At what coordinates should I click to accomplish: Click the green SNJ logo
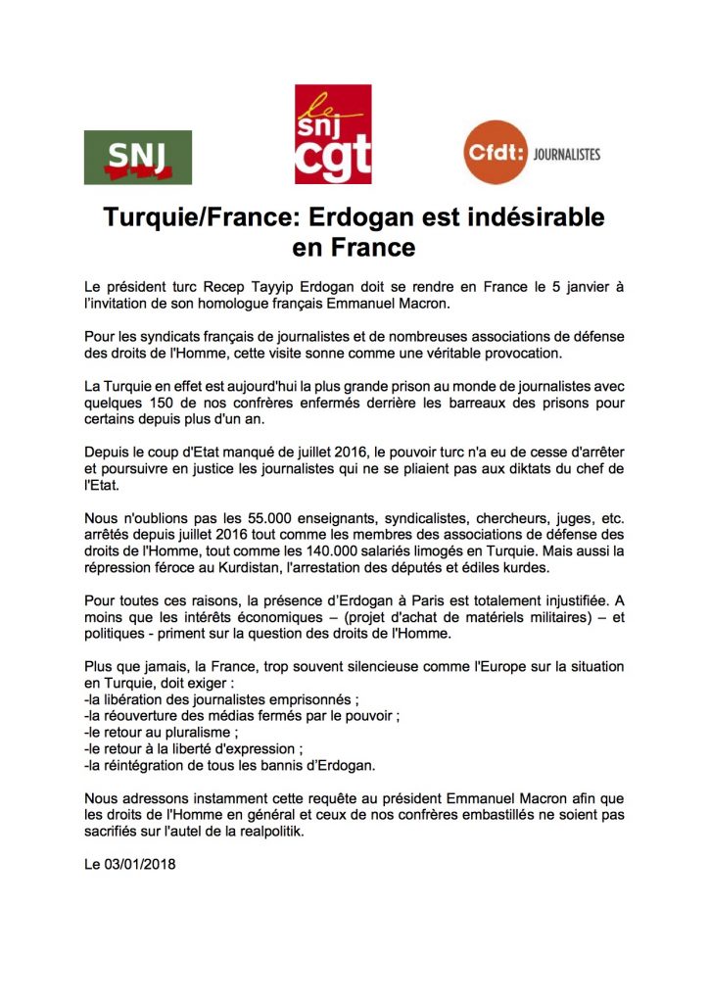pos(137,157)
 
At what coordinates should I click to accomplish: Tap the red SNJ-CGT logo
pos(333,134)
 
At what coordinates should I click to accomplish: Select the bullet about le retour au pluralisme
pos(162,731)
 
